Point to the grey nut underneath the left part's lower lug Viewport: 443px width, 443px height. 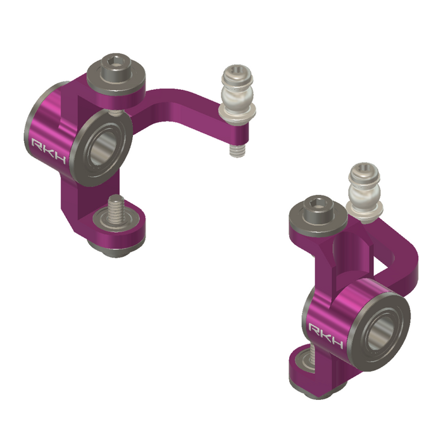point(117,250)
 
